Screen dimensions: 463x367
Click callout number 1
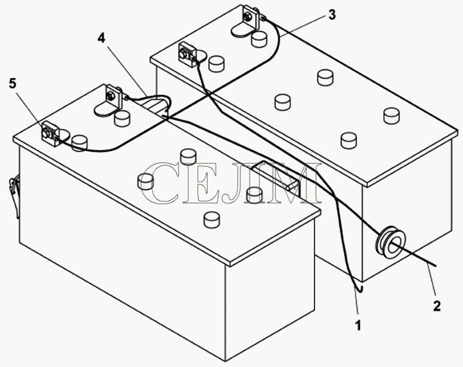point(358,325)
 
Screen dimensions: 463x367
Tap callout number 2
point(437,306)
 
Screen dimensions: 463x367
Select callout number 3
point(332,15)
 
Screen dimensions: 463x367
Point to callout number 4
point(102,38)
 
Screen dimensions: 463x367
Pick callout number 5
point(12,84)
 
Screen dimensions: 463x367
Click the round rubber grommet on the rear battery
point(390,243)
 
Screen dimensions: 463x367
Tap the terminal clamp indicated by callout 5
point(51,135)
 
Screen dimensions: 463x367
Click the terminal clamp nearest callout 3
point(250,17)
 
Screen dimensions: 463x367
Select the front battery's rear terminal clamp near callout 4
point(113,96)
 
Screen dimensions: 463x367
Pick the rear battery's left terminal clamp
point(187,55)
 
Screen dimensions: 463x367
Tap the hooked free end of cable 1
point(358,289)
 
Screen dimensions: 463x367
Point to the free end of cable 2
point(435,265)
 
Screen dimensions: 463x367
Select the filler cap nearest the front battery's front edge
point(212,219)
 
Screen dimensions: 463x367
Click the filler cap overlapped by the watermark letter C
point(145,182)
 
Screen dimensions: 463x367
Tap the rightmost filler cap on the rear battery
point(392,116)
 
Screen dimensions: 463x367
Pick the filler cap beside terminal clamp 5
point(80,143)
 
